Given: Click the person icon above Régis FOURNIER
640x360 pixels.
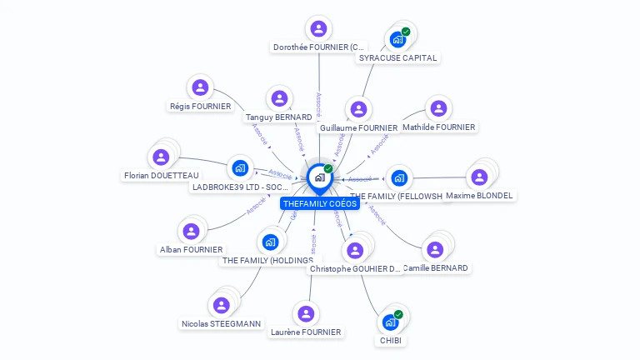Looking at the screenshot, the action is (x=200, y=87).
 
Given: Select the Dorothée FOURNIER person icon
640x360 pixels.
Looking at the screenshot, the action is (x=318, y=28).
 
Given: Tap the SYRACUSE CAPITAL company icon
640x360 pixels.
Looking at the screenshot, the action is (x=397, y=39).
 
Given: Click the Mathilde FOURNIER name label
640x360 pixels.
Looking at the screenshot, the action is (x=438, y=127).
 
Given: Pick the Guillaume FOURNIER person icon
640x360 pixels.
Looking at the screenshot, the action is (x=358, y=109).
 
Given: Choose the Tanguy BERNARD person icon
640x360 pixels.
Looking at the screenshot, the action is (x=279, y=98).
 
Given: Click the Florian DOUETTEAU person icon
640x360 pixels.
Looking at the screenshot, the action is (x=161, y=157).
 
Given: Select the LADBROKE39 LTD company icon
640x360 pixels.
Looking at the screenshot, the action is (x=240, y=168).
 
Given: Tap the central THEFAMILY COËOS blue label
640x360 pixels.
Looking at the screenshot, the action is (x=319, y=203).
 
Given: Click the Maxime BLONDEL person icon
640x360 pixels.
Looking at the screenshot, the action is (x=479, y=177).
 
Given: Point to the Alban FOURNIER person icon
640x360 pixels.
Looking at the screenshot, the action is (x=192, y=231).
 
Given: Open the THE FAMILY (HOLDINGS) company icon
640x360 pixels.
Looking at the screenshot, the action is (x=269, y=242).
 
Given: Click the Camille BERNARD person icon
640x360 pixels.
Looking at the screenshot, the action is (x=434, y=249).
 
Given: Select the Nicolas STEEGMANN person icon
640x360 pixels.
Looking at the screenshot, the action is (x=221, y=305).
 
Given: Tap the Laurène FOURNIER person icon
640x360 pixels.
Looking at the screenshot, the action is (x=306, y=313).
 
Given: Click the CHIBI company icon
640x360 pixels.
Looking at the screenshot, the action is (x=390, y=322).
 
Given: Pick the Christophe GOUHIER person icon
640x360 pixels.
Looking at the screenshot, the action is (x=356, y=250).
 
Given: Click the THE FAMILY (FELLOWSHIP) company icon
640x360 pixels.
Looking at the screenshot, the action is (x=399, y=177).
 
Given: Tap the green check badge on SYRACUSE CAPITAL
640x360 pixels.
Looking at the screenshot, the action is (x=406, y=32).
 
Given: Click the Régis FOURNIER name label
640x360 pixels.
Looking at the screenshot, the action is (x=200, y=106).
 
